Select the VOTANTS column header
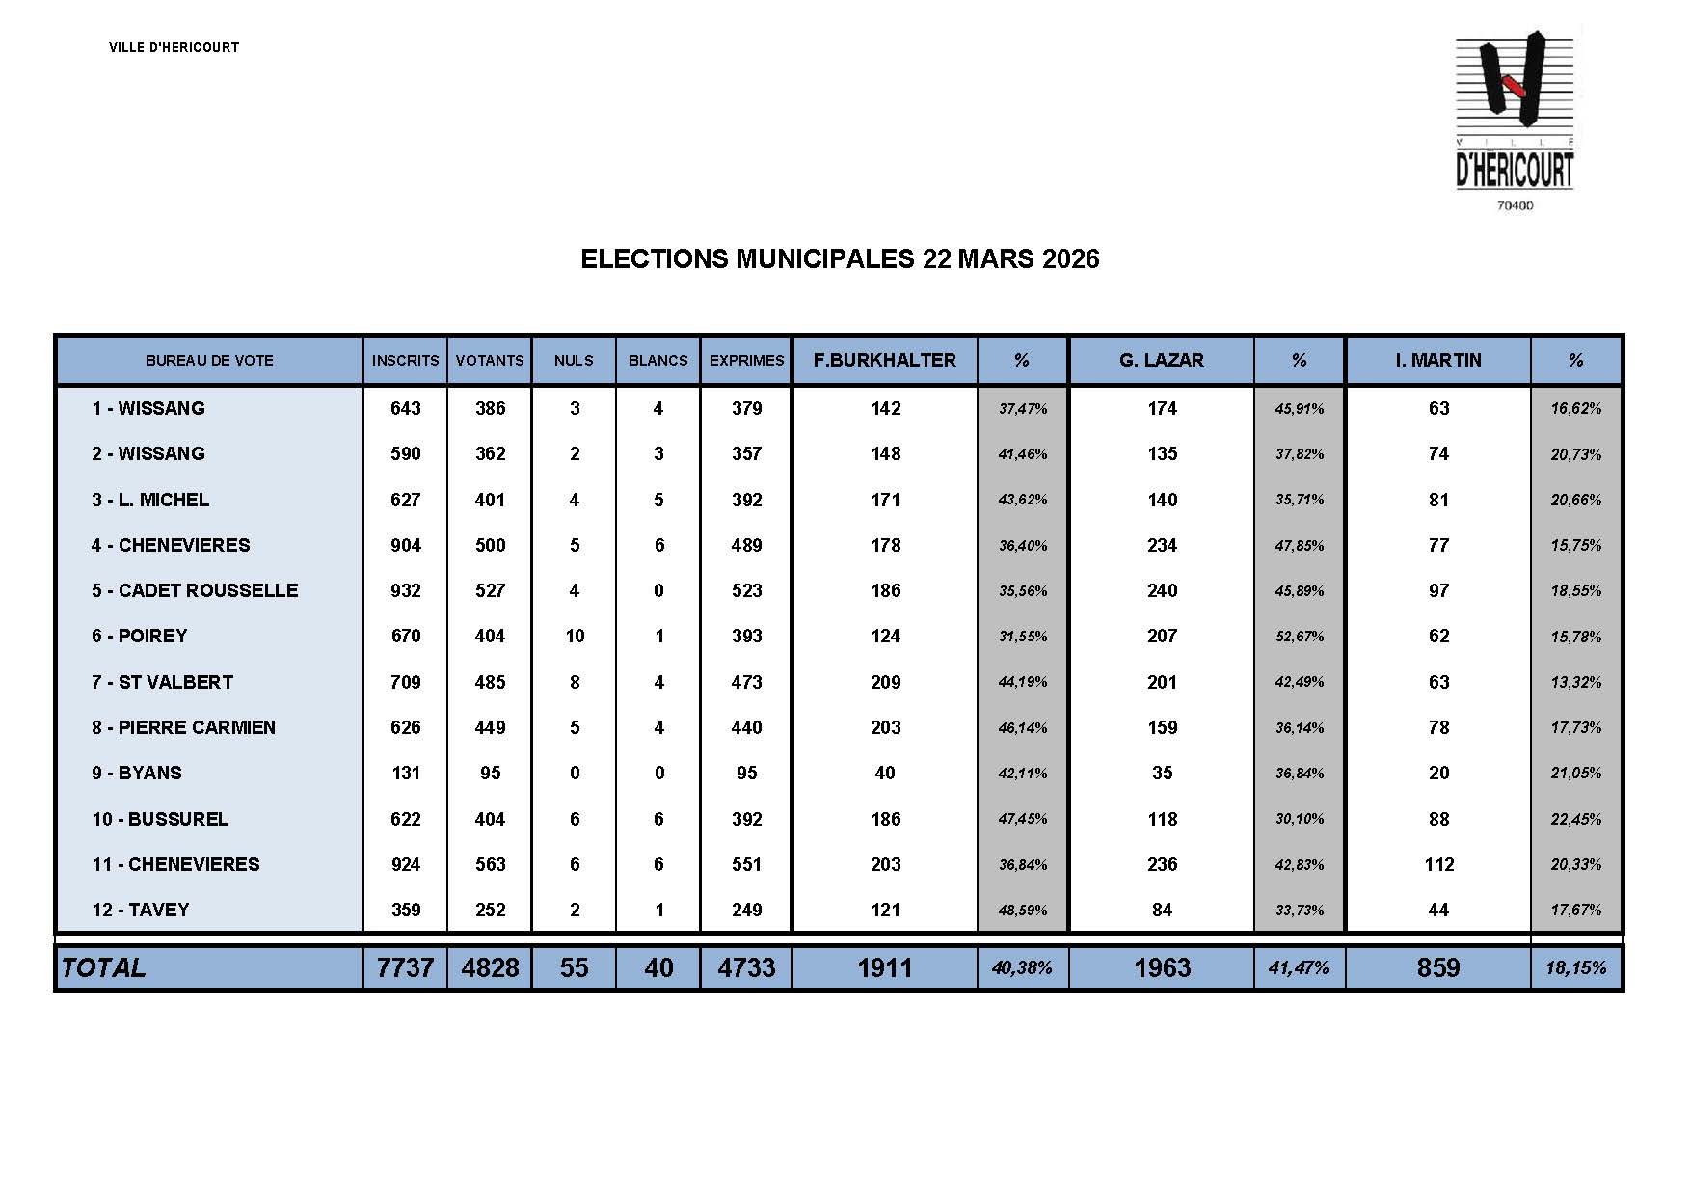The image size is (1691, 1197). pos(490,361)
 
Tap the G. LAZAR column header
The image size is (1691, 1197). pos(1161,361)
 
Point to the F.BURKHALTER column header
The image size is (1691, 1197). pos(884,361)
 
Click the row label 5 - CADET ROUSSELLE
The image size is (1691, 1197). pos(195,590)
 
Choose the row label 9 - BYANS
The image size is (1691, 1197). pos(137,773)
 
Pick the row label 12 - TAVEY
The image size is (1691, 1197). pos(141,910)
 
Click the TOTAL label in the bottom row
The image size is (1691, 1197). pos(103,967)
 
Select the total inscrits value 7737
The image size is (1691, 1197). pos(405,967)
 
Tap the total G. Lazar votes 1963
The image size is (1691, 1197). pos(1162,967)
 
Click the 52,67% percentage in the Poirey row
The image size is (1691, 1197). pos(1299,637)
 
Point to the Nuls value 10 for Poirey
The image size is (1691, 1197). pos(575,636)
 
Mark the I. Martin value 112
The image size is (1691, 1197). pos(1438,864)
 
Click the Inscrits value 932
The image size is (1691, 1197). pos(405,590)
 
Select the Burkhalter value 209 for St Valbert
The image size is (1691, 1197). pos(885,682)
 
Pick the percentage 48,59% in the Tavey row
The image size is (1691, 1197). pos(1022,911)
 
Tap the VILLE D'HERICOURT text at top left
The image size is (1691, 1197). pos(174,47)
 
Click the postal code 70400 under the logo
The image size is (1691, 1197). pos(1515,205)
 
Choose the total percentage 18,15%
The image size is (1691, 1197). pos(1575,967)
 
